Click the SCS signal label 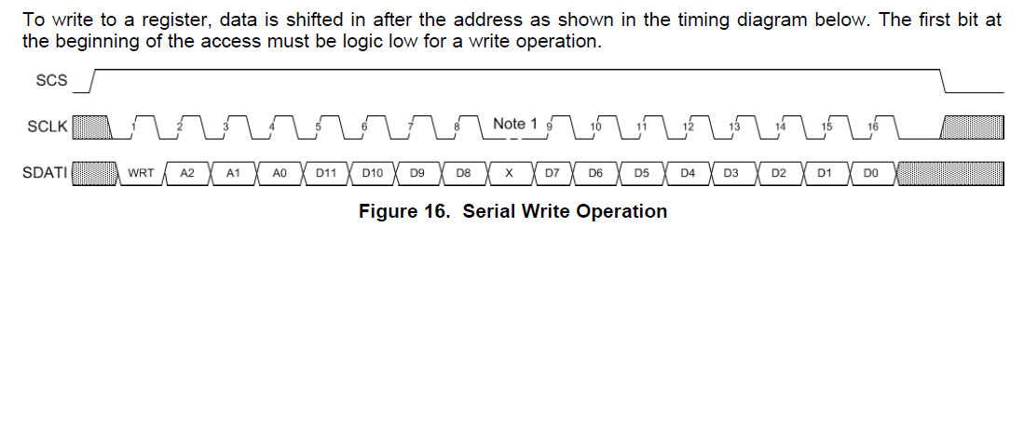click(x=51, y=80)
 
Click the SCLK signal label click(x=48, y=127)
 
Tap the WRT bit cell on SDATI click(x=141, y=173)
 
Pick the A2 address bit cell click(x=187, y=173)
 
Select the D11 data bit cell click(x=326, y=173)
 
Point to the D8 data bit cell click(x=463, y=173)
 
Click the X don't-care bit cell click(x=510, y=173)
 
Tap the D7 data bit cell click(x=553, y=173)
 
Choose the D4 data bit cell click(x=688, y=173)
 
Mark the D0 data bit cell click(x=870, y=173)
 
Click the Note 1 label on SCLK click(x=514, y=124)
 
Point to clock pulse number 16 click(x=872, y=126)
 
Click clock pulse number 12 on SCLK click(x=688, y=126)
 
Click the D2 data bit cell click(x=779, y=173)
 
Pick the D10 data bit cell click(x=372, y=173)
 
